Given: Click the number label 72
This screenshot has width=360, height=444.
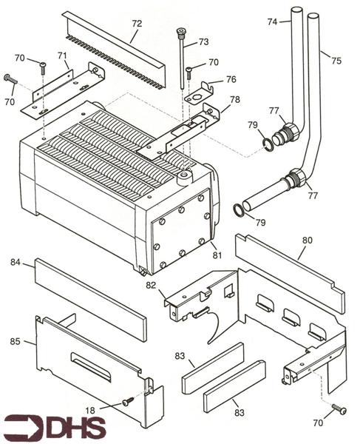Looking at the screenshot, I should tap(135, 24).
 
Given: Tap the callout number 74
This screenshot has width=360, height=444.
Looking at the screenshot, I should tap(271, 22).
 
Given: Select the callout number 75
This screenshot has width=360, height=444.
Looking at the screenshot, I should tap(336, 61).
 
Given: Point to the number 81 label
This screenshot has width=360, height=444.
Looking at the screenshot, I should tap(216, 256).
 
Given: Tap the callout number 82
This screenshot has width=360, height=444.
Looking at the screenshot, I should tap(152, 285).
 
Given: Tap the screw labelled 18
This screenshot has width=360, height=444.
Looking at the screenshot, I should tap(128, 402).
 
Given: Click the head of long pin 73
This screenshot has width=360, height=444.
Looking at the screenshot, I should tap(180, 31).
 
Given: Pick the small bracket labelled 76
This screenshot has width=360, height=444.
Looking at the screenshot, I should tap(200, 92).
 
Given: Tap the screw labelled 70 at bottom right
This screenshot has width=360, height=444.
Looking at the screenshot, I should tap(338, 408).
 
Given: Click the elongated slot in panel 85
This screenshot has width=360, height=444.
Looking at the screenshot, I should tap(90, 368).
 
